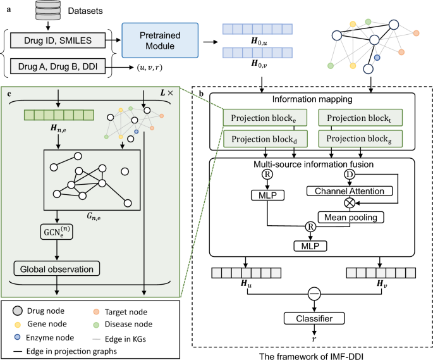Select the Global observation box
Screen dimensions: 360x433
[x=58, y=269]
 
